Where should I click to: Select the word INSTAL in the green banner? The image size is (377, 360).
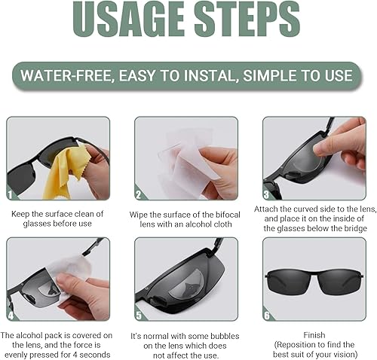click(x=219, y=76)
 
